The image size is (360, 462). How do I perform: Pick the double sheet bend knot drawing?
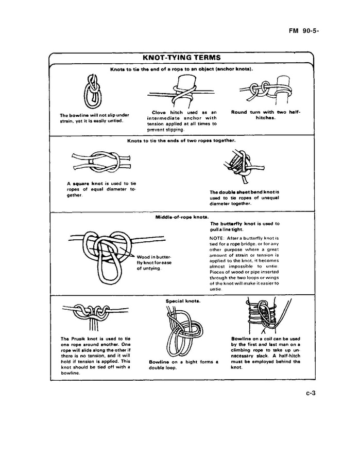point(238,166)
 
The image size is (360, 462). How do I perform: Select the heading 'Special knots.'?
point(183,300)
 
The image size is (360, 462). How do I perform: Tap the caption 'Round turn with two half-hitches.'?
point(265,115)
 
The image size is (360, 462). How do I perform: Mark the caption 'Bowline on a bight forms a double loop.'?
point(183,365)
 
